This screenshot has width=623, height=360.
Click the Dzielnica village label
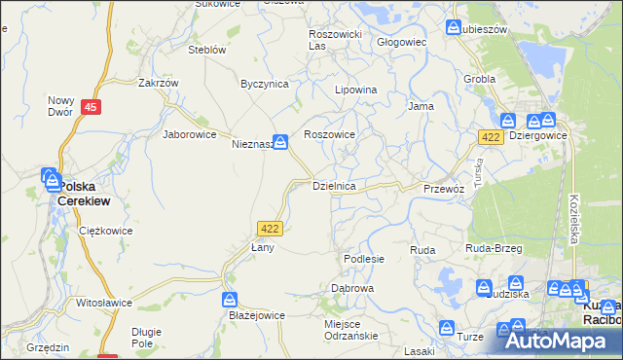tap(339, 185)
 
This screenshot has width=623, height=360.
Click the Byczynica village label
tap(265, 84)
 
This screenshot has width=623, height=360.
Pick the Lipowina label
tap(355, 90)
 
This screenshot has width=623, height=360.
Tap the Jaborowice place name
tap(189, 134)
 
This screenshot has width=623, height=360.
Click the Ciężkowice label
tap(104, 232)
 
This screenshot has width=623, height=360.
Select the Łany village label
tap(263, 247)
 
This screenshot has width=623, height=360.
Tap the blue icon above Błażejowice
tap(231, 299)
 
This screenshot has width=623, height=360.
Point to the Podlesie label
tap(364, 259)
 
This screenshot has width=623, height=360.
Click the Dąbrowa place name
tap(352, 289)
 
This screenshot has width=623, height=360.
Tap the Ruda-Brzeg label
tap(495, 249)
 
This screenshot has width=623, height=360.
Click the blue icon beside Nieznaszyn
tap(279, 142)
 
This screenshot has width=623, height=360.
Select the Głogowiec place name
tap(402, 43)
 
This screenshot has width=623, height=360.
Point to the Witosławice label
tap(104, 303)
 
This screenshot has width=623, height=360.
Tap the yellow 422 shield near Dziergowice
tap(491, 138)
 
